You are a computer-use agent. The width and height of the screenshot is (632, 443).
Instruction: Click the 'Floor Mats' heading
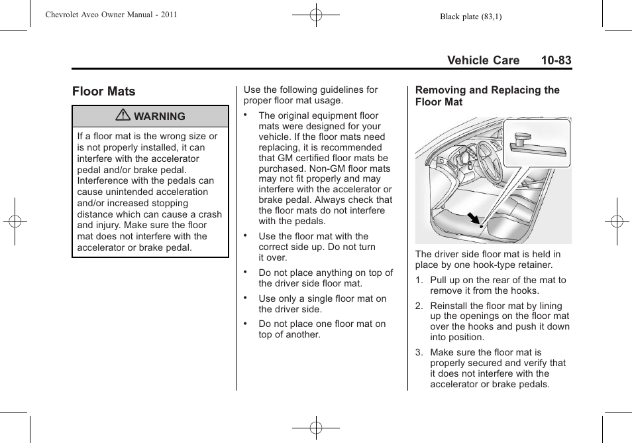pos(104,92)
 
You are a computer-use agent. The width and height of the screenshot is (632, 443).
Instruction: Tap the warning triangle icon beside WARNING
pos(123,116)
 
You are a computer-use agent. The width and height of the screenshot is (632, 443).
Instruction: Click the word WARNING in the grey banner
pos(160,116)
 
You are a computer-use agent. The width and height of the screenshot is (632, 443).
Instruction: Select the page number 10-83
pos(555,60)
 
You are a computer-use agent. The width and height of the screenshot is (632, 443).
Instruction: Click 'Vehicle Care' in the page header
pos(483,60)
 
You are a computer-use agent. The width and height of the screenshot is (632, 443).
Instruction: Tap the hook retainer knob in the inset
pos(522,139)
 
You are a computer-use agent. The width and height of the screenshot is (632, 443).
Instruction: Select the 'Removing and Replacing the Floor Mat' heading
pos(487,96)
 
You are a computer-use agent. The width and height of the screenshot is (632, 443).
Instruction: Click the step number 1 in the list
pos(419,280)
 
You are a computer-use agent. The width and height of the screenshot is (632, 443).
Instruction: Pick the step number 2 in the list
pos(419,306)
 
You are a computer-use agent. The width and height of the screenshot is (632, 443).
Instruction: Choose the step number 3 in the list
pos(419,352)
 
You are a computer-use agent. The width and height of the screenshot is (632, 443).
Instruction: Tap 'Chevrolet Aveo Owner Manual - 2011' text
pos(111,15)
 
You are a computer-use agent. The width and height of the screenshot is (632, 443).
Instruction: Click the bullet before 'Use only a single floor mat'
pos(245,298)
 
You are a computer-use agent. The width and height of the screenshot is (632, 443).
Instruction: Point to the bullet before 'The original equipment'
pos(245,115)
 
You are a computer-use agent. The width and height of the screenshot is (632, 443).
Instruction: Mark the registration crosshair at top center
pos(316,14)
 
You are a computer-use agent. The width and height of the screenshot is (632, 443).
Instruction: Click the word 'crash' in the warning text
pos(210,214)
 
